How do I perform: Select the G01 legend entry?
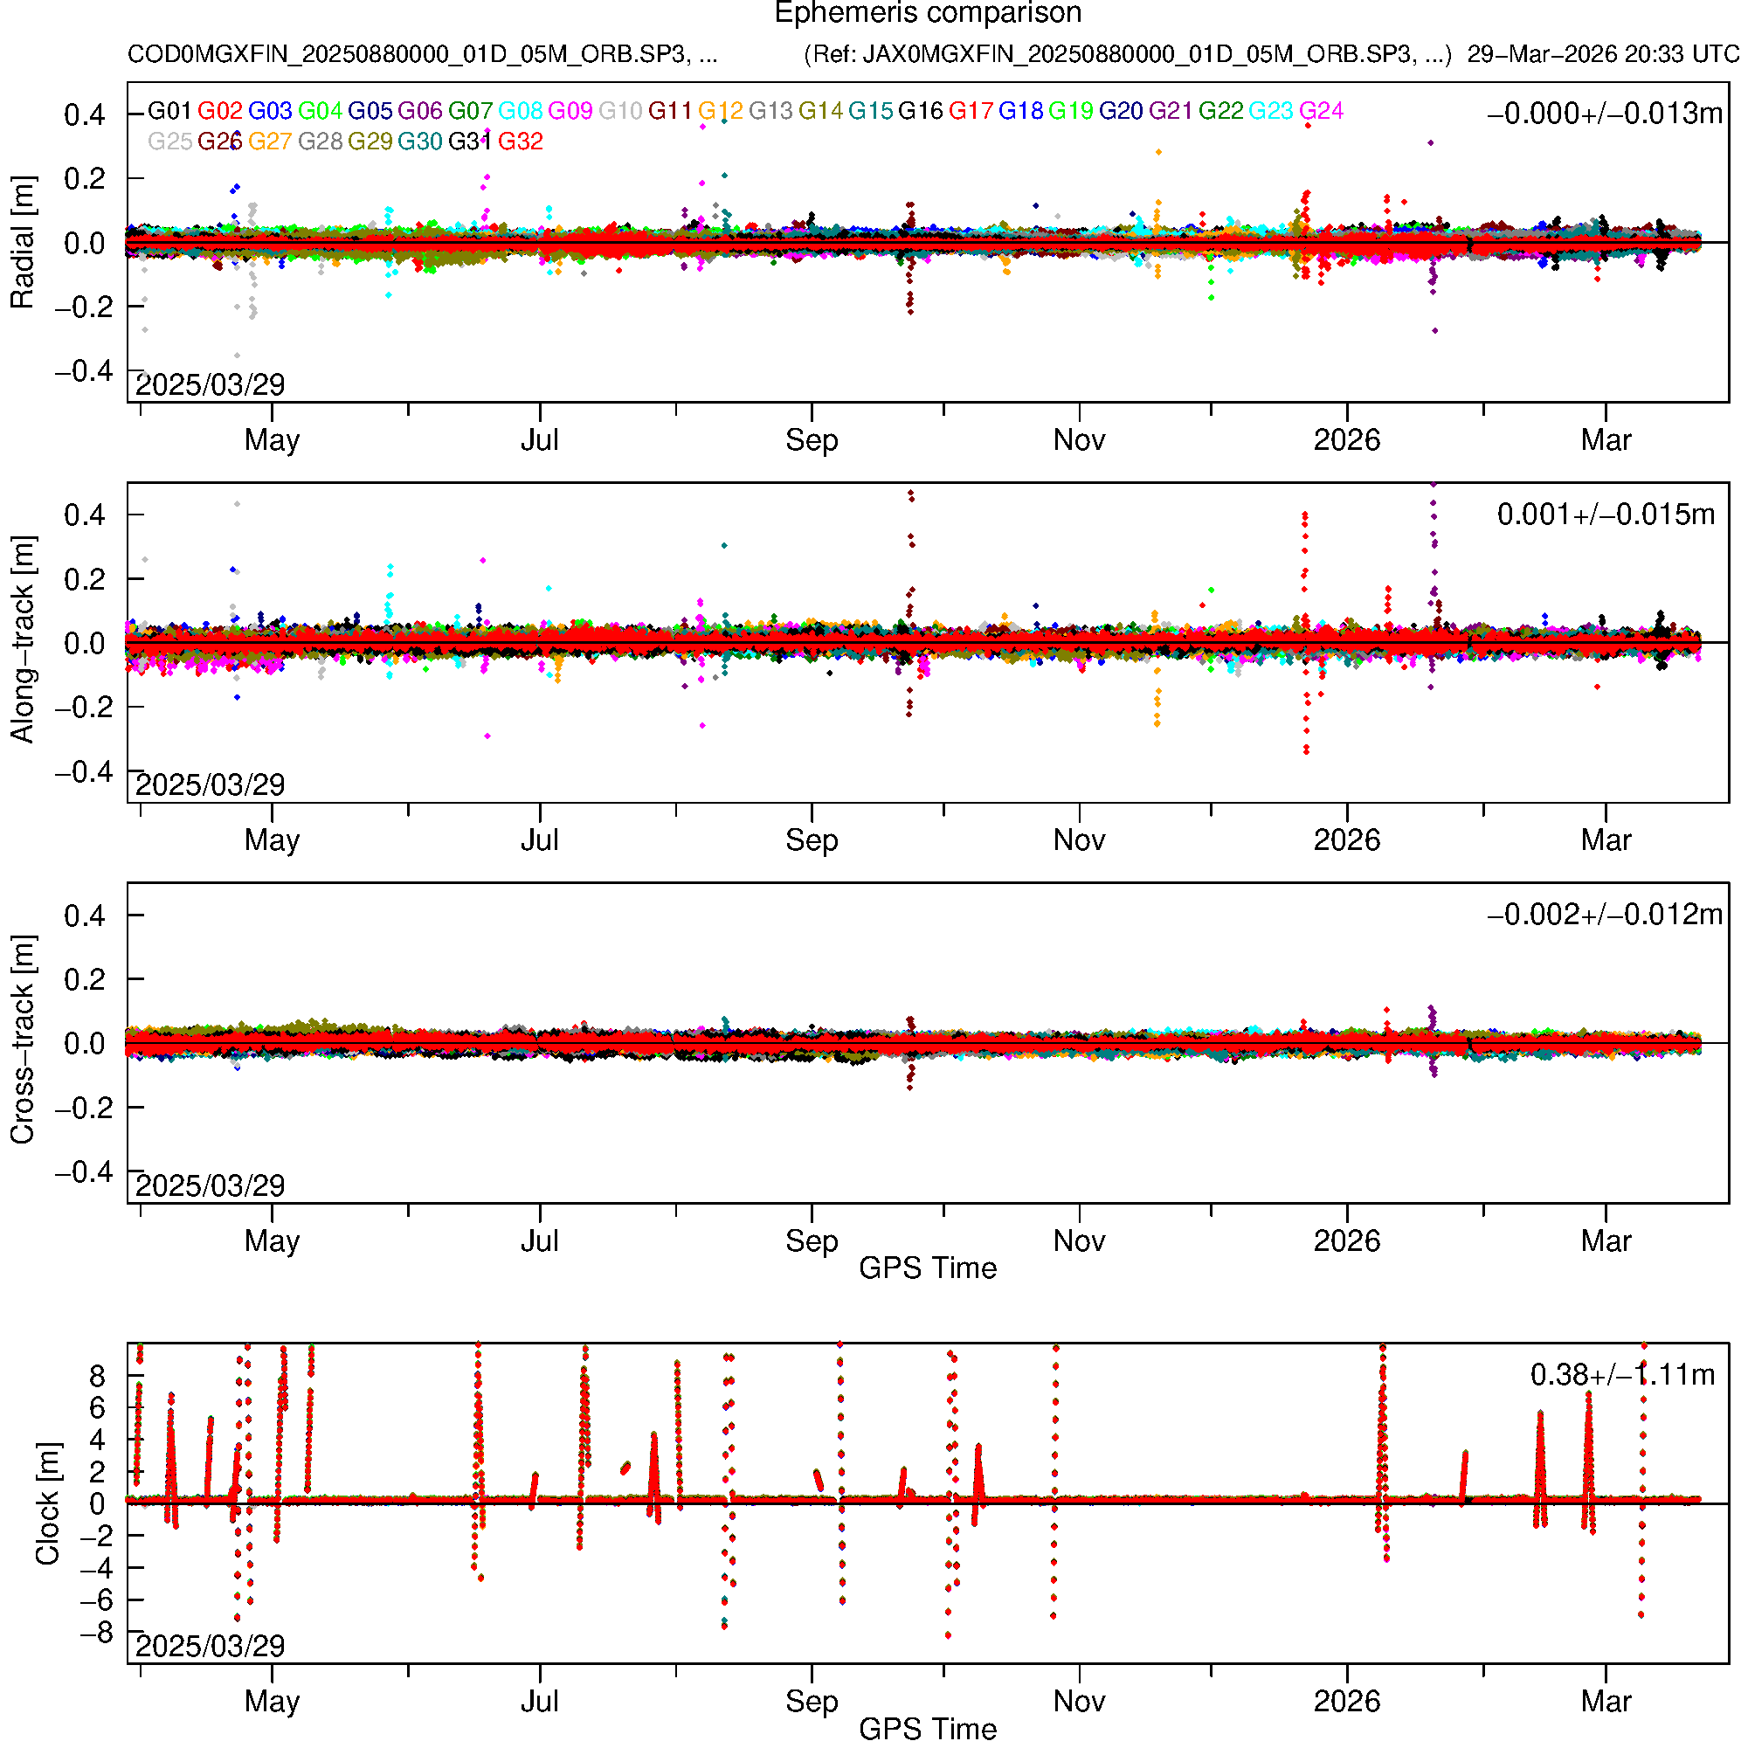click(x=169, y=111)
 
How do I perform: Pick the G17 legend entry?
click(x=971, y=111)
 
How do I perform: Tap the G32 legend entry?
click(x=521, y=142)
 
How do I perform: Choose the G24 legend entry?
click(x=1321, y=111)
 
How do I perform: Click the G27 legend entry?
click(x=270, y=142)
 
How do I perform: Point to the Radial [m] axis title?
click(x=23, y=243)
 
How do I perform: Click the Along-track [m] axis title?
click(x=23, y=640)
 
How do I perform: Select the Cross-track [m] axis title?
click(x=23, y=1040)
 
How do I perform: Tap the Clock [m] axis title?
click(x=47, y=1503)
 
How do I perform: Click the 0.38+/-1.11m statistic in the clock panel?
click(x=1622, y=1375)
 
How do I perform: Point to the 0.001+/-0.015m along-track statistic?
click(x=1606, y=515)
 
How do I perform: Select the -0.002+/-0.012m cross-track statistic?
click(x=1605, y=915)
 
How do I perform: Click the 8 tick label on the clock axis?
click(x=97, y=1377)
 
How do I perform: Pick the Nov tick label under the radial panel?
click(x=1079, y=440)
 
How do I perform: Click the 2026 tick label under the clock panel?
click(x=1346, y=1702)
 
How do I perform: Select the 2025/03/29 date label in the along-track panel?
click(x=210, y=784)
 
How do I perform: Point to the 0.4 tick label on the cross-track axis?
click(x=84, y=915)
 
